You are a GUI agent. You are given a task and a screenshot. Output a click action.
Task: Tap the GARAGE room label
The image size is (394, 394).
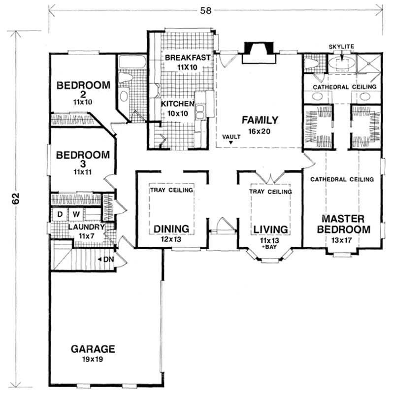tap(93, 349)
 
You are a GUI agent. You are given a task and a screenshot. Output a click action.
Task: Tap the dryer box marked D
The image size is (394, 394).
tap(60, 214)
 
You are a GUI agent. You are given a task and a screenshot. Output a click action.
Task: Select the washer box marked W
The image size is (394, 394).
tap(77, 214)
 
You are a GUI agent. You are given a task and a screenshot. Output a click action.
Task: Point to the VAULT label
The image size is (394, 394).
tap(231, 137)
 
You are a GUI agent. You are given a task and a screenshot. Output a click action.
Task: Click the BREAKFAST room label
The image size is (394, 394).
tap(188, 58)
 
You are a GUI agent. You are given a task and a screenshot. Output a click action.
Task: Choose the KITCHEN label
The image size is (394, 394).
tap(178, 104)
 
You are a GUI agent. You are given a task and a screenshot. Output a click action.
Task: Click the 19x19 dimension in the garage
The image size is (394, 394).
tap(93, 360)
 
